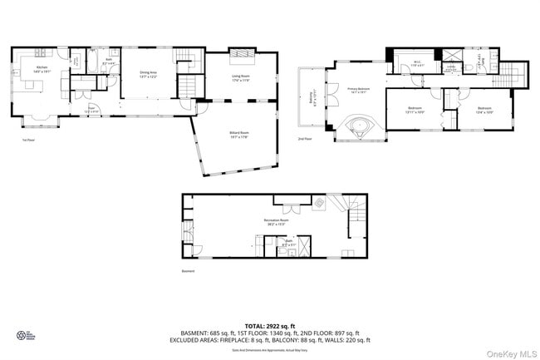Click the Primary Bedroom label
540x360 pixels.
358,90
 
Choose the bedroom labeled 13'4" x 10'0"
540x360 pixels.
484,110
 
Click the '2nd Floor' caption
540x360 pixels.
304,140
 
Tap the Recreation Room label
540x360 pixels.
277,224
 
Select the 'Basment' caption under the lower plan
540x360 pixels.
189,271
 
